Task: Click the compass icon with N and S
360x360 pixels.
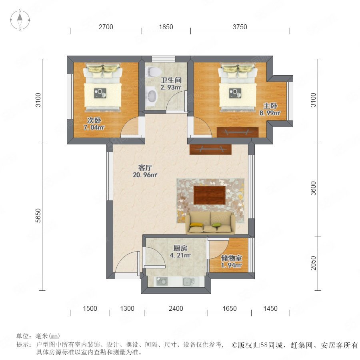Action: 20,20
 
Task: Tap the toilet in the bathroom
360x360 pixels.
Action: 153,72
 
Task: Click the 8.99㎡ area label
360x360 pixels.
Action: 270,113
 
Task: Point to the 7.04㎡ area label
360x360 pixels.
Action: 94,127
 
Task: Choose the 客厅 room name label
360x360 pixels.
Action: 145,168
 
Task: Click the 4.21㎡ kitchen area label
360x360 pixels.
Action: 180,255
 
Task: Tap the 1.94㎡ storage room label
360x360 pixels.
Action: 232,265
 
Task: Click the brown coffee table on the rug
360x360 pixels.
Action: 210,195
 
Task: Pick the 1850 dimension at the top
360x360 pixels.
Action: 166,27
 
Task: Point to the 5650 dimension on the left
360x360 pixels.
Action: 38,215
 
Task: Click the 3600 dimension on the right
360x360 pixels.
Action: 313,188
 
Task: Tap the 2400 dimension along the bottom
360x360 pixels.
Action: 176,308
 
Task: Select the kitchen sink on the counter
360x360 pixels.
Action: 189,282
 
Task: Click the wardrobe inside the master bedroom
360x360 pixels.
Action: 238,132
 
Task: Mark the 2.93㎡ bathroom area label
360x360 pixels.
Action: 171,87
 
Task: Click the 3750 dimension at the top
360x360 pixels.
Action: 240,27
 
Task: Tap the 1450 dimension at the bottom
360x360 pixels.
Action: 270,308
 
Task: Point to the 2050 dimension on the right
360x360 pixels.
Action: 313,263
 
